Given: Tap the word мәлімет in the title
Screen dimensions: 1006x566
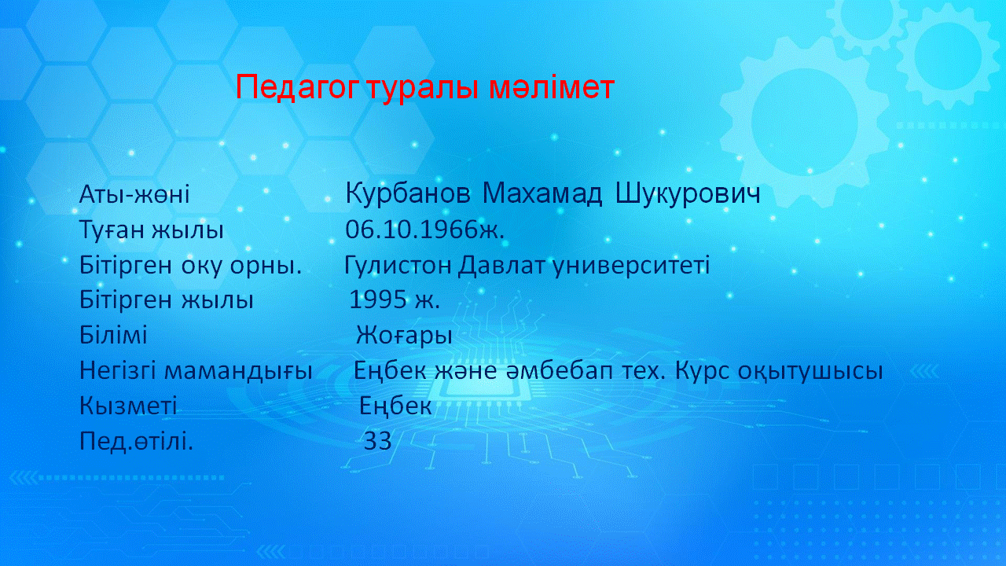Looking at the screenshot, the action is (552, 87).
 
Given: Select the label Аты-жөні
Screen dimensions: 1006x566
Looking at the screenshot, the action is (134, 194).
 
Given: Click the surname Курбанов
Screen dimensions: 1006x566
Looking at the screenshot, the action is (408, 194).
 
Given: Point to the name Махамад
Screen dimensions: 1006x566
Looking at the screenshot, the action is (542, 194).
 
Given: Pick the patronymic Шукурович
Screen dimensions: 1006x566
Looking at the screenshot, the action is (688, 194).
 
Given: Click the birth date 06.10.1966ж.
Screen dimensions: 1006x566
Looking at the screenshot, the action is (425, 229).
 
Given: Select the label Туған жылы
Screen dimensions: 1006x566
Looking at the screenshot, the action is (152, 230).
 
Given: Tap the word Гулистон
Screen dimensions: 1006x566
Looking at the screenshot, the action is (398, 265).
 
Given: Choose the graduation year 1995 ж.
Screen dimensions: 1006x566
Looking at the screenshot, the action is (395, 300).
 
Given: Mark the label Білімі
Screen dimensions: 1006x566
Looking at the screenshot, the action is (113, 335).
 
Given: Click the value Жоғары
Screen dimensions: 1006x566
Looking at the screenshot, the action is (404, 336).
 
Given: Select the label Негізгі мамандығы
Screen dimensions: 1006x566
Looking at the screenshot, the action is (196, 371).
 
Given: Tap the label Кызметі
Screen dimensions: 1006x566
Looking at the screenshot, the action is (128, 405).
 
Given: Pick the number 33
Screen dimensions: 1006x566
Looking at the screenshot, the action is (377, 441).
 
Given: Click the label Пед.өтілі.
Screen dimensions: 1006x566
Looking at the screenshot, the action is (136, 441).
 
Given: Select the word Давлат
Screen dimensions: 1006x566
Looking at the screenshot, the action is (501, 265).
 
